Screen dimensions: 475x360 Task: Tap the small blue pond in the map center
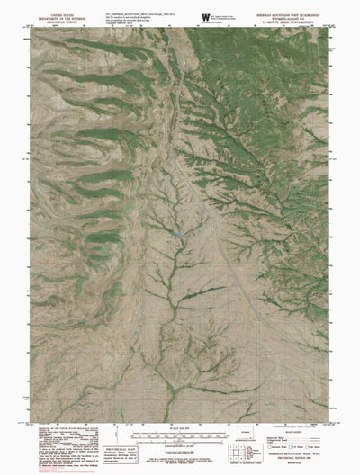pyautogui.click(x=178, y=235)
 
